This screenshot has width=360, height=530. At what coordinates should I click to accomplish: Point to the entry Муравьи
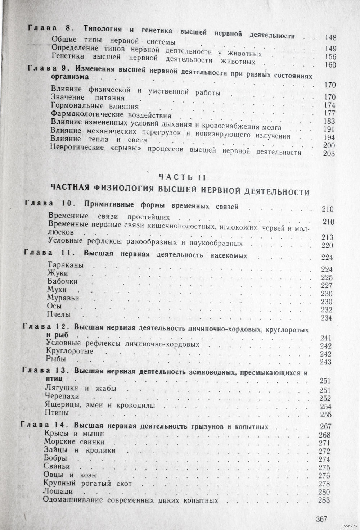coord(63,298)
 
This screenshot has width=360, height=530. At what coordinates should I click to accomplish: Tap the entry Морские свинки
coord(74,442)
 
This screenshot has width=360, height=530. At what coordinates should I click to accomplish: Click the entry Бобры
coord(55,458)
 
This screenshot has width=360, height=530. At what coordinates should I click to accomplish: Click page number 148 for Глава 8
coord(330,37)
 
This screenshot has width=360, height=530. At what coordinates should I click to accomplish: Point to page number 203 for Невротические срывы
coord(329,154)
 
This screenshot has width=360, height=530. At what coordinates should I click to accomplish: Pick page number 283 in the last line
coord(325,500)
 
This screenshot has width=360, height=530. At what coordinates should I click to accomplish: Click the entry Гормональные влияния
coord(95,106)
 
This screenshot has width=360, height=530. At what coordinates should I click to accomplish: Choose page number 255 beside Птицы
coord(325,415)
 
